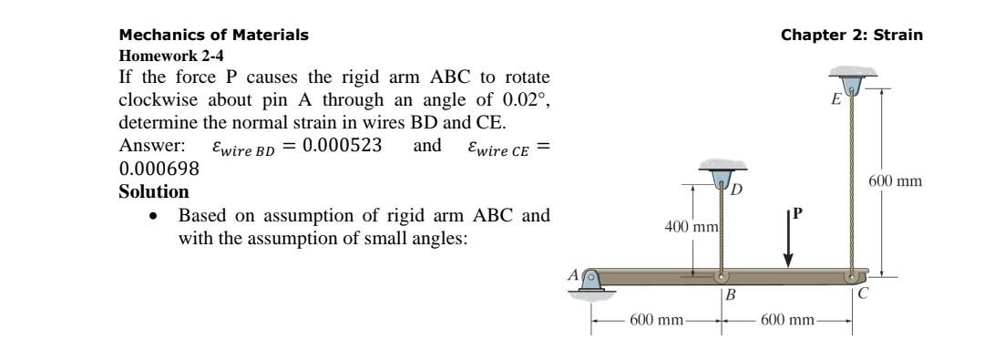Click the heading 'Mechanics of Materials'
214,36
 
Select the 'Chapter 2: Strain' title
852,36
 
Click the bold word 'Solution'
154,192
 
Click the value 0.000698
159,169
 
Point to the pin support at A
592,279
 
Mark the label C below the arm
863,293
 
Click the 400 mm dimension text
692,224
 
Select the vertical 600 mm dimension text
896,181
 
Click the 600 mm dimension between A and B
657,321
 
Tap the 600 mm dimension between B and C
789,321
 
